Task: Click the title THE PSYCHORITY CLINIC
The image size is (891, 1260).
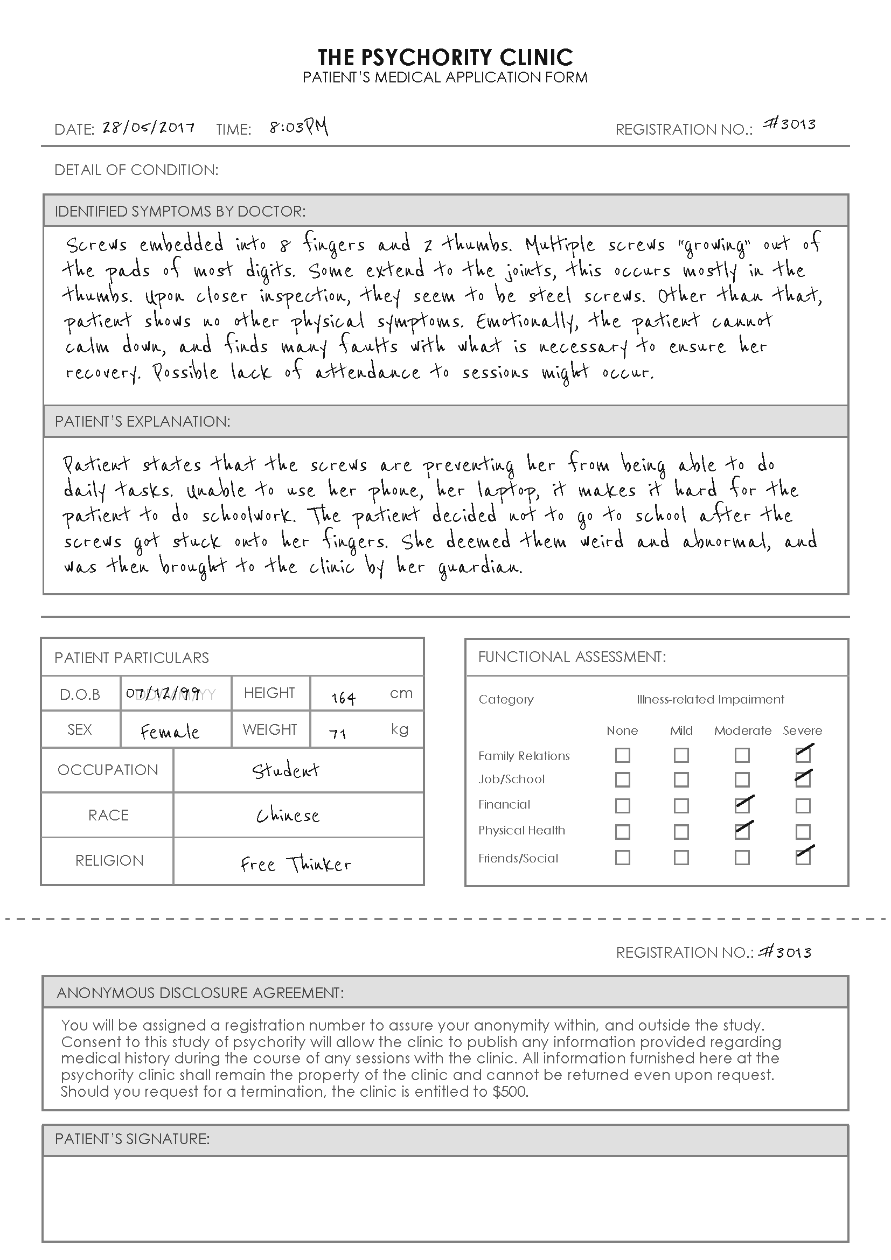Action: point(445,57)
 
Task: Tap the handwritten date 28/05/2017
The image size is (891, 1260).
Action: point(148,127)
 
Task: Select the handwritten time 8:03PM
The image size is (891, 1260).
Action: point(298,127)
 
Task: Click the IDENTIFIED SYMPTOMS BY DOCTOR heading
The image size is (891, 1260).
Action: point(180,211)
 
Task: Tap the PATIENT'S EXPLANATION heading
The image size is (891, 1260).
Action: point(142,421)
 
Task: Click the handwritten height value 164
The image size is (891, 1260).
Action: point(344,698)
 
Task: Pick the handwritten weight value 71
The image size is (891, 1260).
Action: point(337,733)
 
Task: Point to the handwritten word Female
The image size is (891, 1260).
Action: point(170,732)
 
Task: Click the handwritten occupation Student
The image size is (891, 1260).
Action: point(286,770)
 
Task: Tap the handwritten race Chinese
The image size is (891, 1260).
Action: point(288,816)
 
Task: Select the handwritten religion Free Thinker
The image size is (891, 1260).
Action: point(296,864)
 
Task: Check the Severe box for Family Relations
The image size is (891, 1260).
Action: point(803,755)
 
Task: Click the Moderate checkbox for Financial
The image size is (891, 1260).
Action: point(742,805)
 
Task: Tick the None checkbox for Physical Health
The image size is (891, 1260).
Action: point(622,832)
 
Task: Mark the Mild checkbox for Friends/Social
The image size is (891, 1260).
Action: point(681,858)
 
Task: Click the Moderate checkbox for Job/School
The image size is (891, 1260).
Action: point(742,780)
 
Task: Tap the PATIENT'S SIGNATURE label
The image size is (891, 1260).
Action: point(132,1139)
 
